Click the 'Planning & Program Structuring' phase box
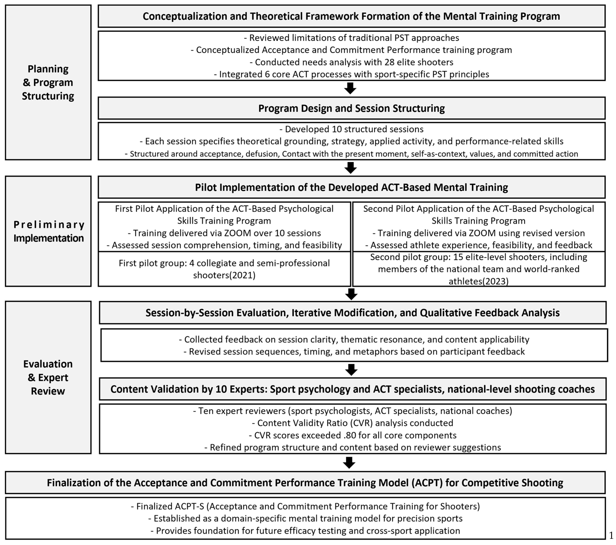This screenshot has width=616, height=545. point(48,82)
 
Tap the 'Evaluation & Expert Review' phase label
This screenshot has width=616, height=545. point(48,377)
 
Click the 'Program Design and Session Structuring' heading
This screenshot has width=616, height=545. point(351,108)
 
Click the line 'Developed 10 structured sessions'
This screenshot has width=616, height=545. point(351,129)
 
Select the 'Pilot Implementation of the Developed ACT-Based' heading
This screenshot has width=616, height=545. point(351,187)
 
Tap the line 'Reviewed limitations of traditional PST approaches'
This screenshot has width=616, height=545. point(351,38)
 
